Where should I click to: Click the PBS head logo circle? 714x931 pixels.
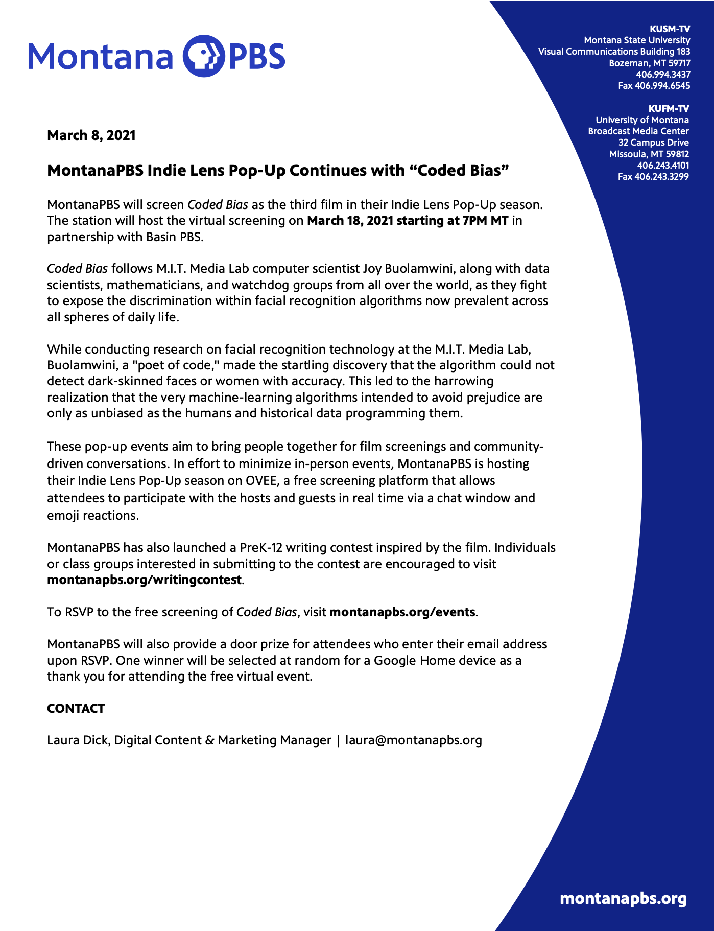pos(203,56)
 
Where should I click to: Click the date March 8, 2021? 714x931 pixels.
pos(91,135)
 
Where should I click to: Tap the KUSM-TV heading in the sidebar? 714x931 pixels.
pos(669,29)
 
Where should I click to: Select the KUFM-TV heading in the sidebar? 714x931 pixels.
pos(669,108)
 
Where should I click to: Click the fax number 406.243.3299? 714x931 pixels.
pos(653,177)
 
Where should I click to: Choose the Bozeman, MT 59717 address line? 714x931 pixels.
pos(649,63)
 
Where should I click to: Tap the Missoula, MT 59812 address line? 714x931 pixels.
pos(649,154)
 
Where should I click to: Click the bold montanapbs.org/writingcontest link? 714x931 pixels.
pos(144,580)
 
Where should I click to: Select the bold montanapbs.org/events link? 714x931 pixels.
pos(402,612)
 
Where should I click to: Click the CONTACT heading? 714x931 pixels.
pos(76,709)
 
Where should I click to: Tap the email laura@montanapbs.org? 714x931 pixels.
pos(414,740)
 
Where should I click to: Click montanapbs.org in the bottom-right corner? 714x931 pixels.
pos(623,899)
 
